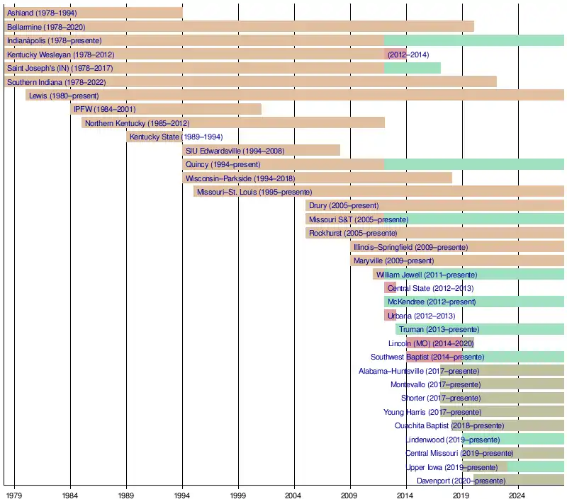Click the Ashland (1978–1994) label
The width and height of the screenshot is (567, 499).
[x=42, y=13]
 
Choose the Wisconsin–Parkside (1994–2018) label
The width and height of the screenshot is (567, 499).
[x=240, y=178]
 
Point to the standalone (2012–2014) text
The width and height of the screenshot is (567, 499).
[x=408, y=55]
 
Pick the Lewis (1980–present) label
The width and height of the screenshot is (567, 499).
[x=64, y=96]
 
